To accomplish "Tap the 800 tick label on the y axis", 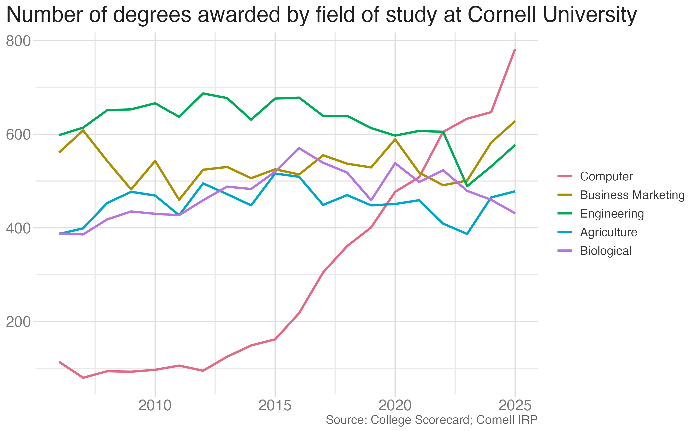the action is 18,41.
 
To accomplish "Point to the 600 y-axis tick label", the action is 18,135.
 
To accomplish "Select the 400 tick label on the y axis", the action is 18,228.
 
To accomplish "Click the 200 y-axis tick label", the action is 18,322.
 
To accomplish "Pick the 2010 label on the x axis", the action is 155,405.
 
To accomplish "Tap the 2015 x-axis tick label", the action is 275,405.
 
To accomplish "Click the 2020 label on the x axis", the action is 395,405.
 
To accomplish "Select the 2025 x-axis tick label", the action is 515,405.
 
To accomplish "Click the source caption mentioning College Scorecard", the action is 432,420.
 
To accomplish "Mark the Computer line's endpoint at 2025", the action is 515,49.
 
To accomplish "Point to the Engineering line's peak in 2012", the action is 203,93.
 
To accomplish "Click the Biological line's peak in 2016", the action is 299,148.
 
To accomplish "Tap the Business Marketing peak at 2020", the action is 395,139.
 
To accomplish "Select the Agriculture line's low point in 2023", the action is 467,234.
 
